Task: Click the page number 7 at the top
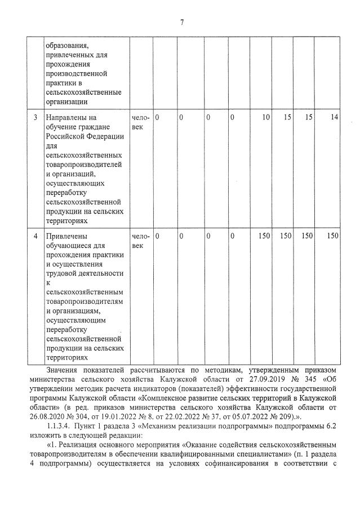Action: [x=181, y=23]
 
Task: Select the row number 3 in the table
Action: [x=35, y=117]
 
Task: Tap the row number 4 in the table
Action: [x=35, y=236]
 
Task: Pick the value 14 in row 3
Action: [x=335, y=117]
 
